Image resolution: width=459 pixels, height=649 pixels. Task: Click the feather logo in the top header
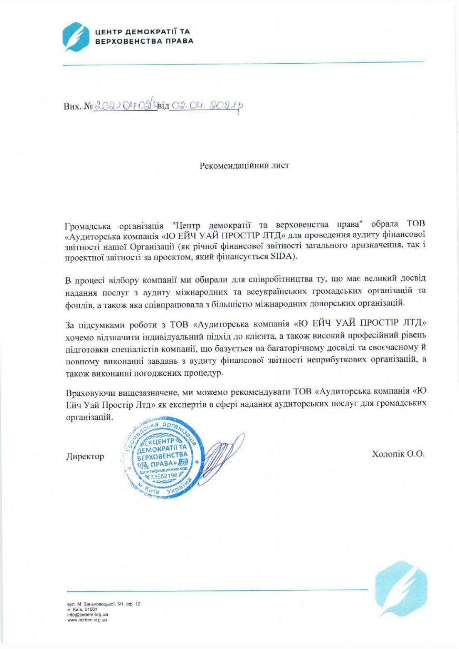[76, 37]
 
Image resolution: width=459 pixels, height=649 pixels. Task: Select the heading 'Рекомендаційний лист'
[244, 166]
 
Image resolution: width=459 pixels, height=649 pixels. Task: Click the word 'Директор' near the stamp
[85, 456]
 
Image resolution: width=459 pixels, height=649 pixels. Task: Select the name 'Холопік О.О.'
[398, 454]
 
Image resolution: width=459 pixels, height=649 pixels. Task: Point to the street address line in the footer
[104, 604]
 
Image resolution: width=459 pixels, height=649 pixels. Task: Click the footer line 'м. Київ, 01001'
[82, 609]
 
